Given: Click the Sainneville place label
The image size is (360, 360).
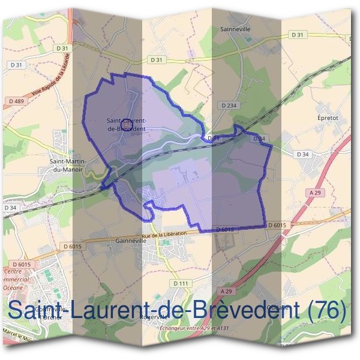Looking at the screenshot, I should click(235, 28).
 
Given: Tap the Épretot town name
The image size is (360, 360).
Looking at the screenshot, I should click(328, 118).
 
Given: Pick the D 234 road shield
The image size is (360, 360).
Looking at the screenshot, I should click(229, 106).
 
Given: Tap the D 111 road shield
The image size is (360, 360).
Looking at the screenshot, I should click(180, 283).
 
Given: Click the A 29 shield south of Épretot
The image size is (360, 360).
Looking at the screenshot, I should click(316, 192).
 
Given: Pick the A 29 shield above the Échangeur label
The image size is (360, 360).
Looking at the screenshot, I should click(226, 291).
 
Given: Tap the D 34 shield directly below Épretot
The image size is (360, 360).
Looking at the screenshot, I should click(302, 154).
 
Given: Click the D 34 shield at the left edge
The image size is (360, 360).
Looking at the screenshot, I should click(10, 208).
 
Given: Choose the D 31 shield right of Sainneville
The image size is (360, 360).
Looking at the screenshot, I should click(298, 35).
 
